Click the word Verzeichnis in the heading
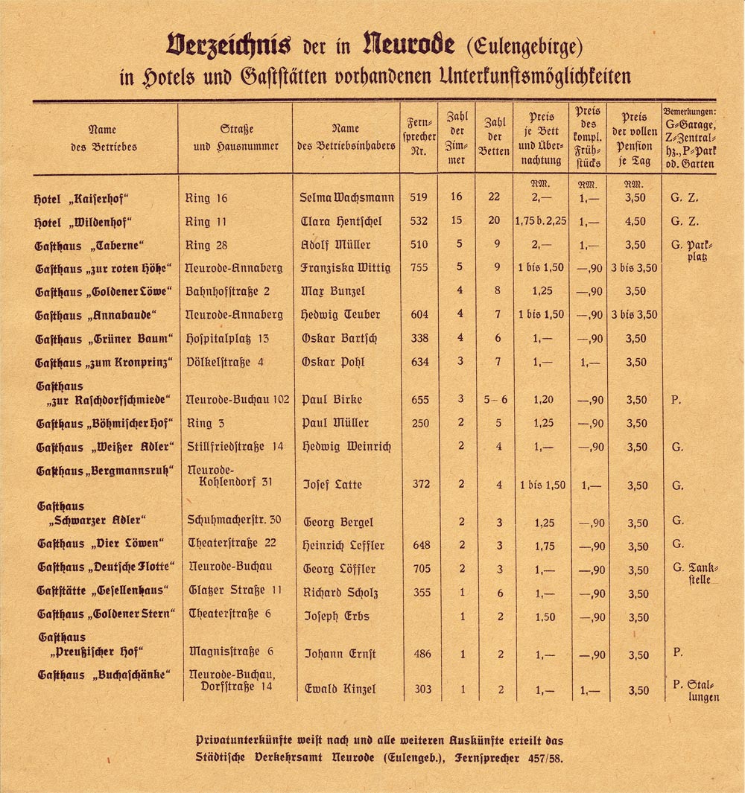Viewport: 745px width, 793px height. tap(229, 46)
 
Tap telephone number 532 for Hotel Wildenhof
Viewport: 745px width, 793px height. tap(419, 222)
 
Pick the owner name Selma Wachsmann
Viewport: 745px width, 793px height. tap(348, 198)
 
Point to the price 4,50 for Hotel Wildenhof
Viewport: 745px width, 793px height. tap(635, 222)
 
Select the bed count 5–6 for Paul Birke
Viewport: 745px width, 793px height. tap(495, 400)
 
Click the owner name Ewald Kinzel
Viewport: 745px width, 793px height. tap(340, 689)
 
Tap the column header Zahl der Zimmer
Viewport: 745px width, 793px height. tap(457, 138)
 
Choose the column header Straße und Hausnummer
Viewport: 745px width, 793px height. tap(235, 138)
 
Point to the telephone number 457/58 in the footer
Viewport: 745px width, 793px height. tap(548, 758)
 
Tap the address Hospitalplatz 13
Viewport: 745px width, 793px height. tap(227, 339)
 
